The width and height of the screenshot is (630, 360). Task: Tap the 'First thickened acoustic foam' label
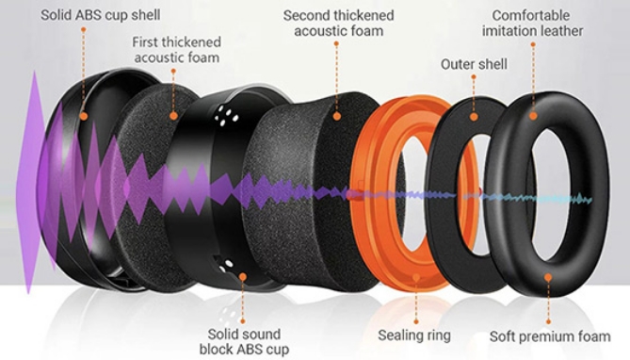point(178,50)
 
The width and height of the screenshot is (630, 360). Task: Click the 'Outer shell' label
point(474,64)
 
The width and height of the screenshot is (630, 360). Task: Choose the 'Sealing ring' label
point(414,335)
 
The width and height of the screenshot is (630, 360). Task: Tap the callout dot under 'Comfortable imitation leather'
point(533,116)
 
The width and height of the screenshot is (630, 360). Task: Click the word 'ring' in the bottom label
point(436,335)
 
